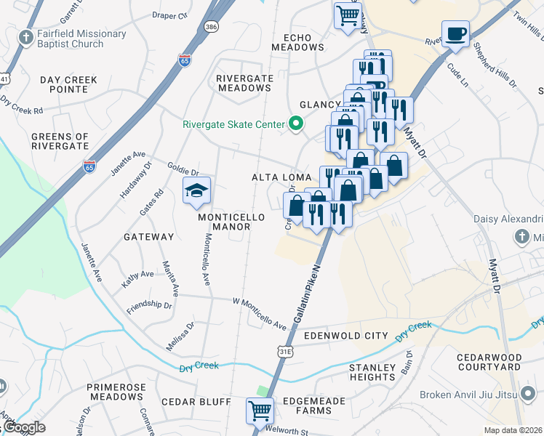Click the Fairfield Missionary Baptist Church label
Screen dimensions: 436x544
[x=73, y=39]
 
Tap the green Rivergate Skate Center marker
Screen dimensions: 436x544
[x=295, y=124]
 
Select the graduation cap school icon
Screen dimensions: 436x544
[x=196, y=191]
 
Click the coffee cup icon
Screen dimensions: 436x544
[x=455, y=34]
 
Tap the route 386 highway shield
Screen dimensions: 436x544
[x=211, y=26]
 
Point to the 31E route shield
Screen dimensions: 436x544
[x=286, y=351]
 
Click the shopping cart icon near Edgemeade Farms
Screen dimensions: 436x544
[x=260, y=411]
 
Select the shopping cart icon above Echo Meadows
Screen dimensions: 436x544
[x=348, y=14]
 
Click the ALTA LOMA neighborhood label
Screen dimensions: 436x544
[x=281, y=177]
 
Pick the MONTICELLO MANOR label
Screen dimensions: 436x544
[x=225, y=222]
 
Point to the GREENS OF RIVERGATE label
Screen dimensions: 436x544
[x=60, y=141]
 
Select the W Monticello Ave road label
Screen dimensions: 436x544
[x=260, y=312]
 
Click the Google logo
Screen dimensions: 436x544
[x=24, y=427]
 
